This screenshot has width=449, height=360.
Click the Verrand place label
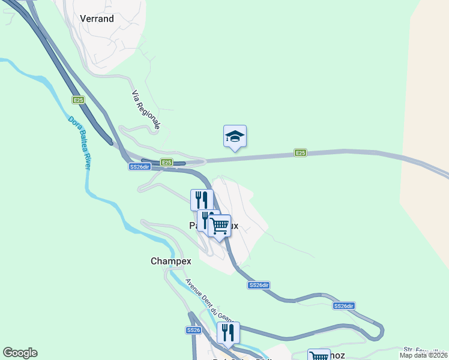pyautogui.click(x=97, y=19)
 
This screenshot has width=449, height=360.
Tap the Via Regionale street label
pyautogui.click(x=146, y=110)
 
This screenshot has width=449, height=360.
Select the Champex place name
pyautogui.click(x=170, y=261)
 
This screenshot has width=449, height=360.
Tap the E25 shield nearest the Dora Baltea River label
pyautogui.click(x=78, y=100)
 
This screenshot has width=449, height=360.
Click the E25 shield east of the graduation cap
pyautogui.click(x=300, y=153)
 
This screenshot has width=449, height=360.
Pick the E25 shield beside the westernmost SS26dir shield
pyautogui.click(x=166, y=162)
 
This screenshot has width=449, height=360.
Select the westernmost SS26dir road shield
pyautogui.click(x=138, y=167)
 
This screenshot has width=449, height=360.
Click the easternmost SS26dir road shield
pyautogui.click(x=344, y=306)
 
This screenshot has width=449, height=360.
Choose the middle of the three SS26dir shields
pyautogui.click(x=258, y=285)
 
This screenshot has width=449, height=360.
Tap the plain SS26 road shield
pyautogui.click(x=193, y=330)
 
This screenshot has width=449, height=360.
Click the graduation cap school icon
pyautogui.click(x=235, y=137)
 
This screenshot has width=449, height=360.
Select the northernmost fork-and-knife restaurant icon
pyautogui.click(x=202, y=199)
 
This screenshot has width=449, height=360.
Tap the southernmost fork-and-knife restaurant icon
pyautogui.click(x=228, y=332)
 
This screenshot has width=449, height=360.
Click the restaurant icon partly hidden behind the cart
pyautogui.click(x=206, y=220)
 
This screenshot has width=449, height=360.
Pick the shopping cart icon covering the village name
pyautogui.click(x=220, y=226)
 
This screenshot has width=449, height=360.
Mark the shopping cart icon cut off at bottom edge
pyautogui.click(x=318, y=356)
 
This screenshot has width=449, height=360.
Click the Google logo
pyautogui.click(x=20, y=353)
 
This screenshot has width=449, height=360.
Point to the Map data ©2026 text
pyautogui.click(x=424, y=355)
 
